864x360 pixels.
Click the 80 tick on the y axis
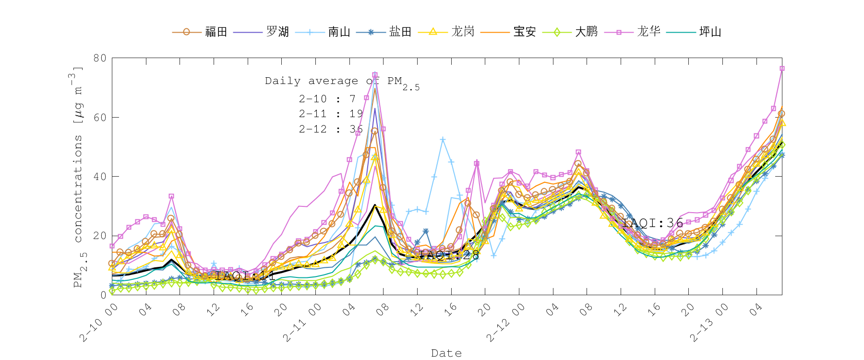pos(100,58)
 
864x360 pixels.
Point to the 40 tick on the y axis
pos(100,177)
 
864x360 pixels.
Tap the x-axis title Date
pos(446,353)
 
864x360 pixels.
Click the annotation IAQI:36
pos(652,223)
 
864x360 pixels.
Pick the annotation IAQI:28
pos(449,255)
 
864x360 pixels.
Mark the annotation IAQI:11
pos(245,276)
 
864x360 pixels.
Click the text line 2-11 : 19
pos(331,114)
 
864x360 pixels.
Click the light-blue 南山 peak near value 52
pos(443,140)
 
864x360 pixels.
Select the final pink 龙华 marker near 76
pos(782,69)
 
